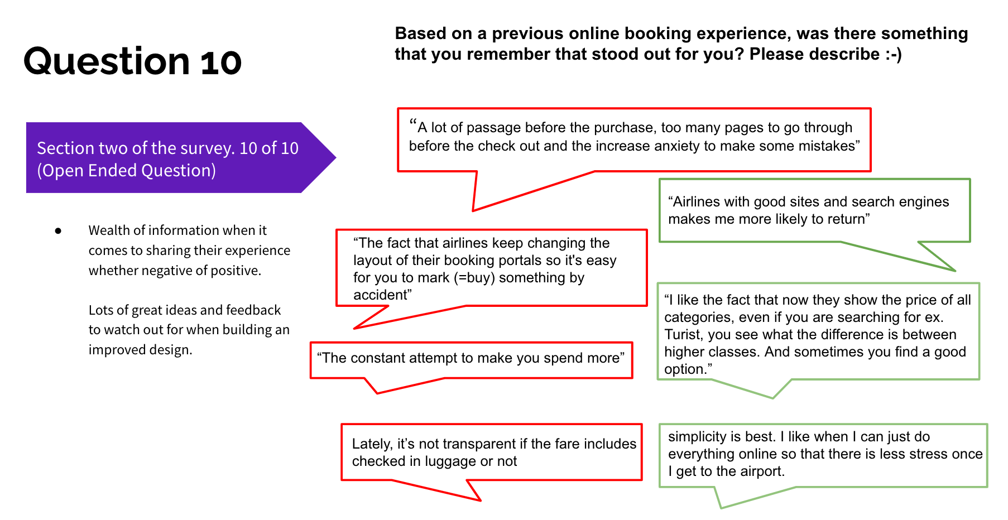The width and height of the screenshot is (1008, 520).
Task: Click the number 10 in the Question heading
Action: (x=221, y=61)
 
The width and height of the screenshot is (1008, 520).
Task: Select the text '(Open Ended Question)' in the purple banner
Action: (x=126, y=170)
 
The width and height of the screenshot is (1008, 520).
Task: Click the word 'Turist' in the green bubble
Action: (x=683, y=334)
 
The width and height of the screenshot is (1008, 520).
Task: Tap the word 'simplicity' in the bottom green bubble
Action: (x=694, y=436)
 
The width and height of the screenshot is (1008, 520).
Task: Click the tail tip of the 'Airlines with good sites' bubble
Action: (x=954, y=271)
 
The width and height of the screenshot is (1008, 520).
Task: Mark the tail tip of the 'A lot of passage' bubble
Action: (x=473, y=210)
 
